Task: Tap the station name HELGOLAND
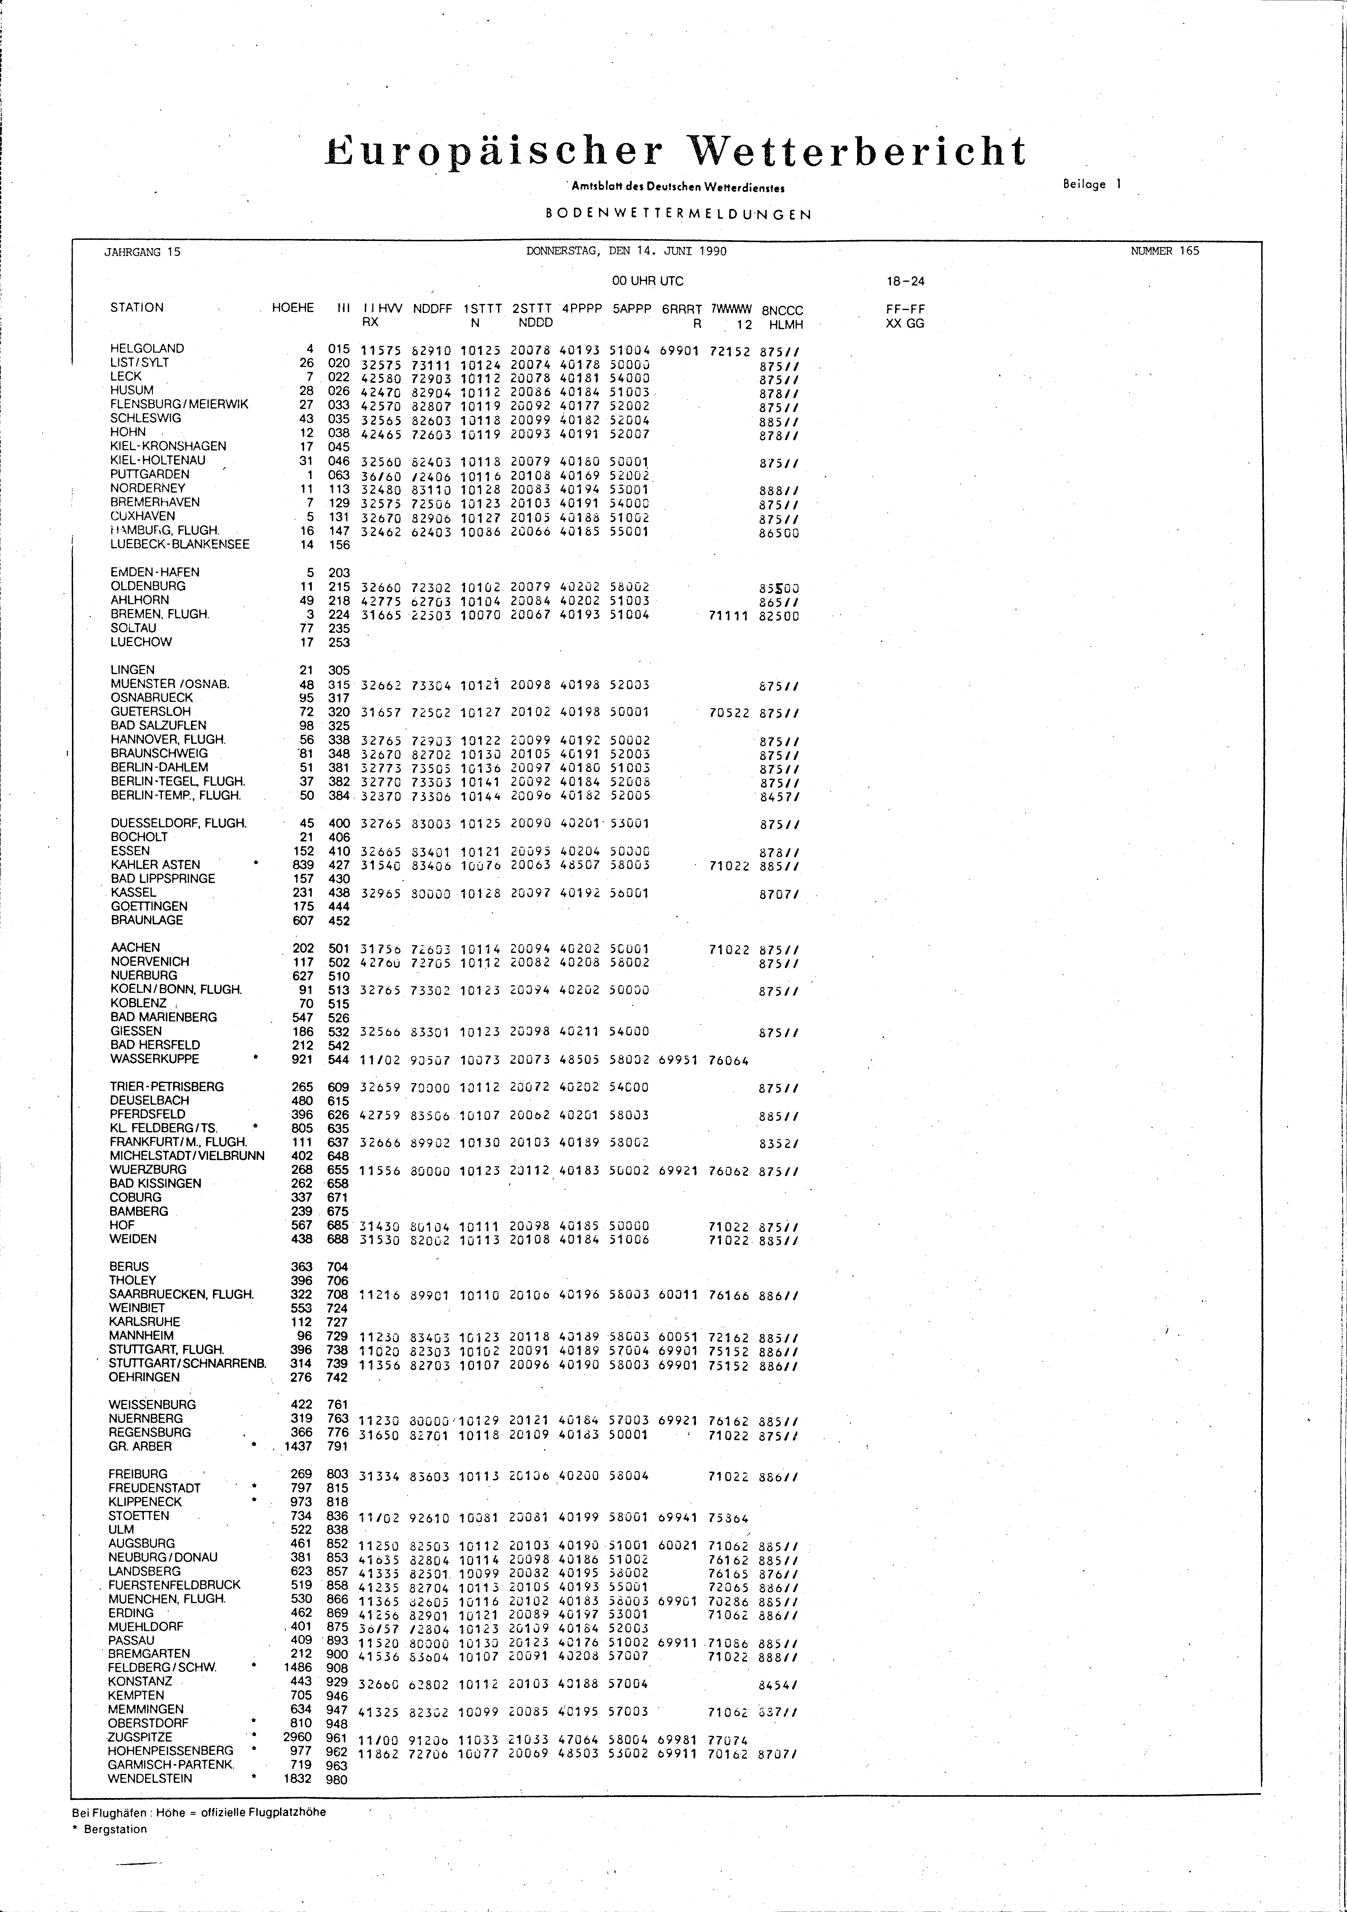coord(147,348)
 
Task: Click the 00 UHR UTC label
coord(648,281)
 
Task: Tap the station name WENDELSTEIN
coord(150,1779)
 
